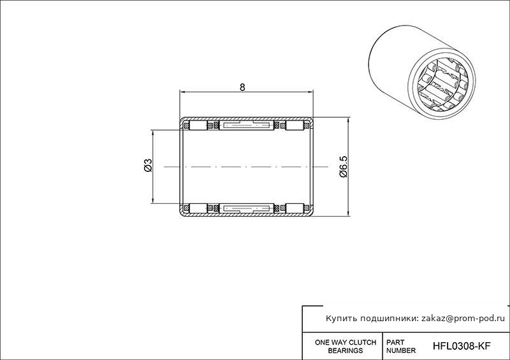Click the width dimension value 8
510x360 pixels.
pos(242,87)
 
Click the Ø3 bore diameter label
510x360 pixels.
pos(148,165)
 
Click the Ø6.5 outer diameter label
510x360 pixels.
pos(344,166)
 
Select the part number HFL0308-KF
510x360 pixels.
pos(461,346)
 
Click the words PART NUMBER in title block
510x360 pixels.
pos(401,347)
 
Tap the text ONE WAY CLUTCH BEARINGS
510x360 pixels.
pos(346,347)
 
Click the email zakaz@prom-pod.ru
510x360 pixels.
pos(463,319)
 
